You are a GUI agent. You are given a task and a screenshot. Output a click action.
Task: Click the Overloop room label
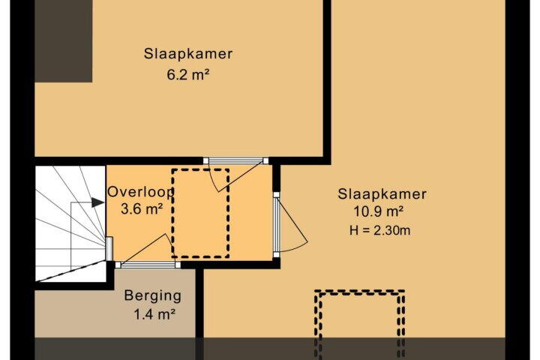[140, 192]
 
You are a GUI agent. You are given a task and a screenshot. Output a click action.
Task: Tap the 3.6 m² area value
[142, 208]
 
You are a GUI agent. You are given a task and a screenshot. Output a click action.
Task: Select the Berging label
[152, 296]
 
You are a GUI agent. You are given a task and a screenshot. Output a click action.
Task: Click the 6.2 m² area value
[188, 74]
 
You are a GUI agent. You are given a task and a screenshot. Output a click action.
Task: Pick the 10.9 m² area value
[379, 211]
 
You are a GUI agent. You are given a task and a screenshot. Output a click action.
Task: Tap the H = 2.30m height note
[379, 230]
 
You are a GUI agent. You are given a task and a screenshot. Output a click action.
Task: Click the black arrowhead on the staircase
[97, 202]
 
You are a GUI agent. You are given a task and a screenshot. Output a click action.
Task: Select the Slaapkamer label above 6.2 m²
[188, 54]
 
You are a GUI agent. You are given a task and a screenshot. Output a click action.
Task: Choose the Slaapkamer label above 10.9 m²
[382, 194]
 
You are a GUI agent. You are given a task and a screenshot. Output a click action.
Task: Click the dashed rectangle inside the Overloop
[201, 169]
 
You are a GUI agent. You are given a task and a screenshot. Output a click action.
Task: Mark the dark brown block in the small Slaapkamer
[63, 41]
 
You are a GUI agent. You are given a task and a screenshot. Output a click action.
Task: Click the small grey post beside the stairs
[109, 249]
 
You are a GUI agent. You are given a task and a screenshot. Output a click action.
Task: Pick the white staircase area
[70, 223]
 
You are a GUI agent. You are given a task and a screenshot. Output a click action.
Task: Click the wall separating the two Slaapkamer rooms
[327, 81]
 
